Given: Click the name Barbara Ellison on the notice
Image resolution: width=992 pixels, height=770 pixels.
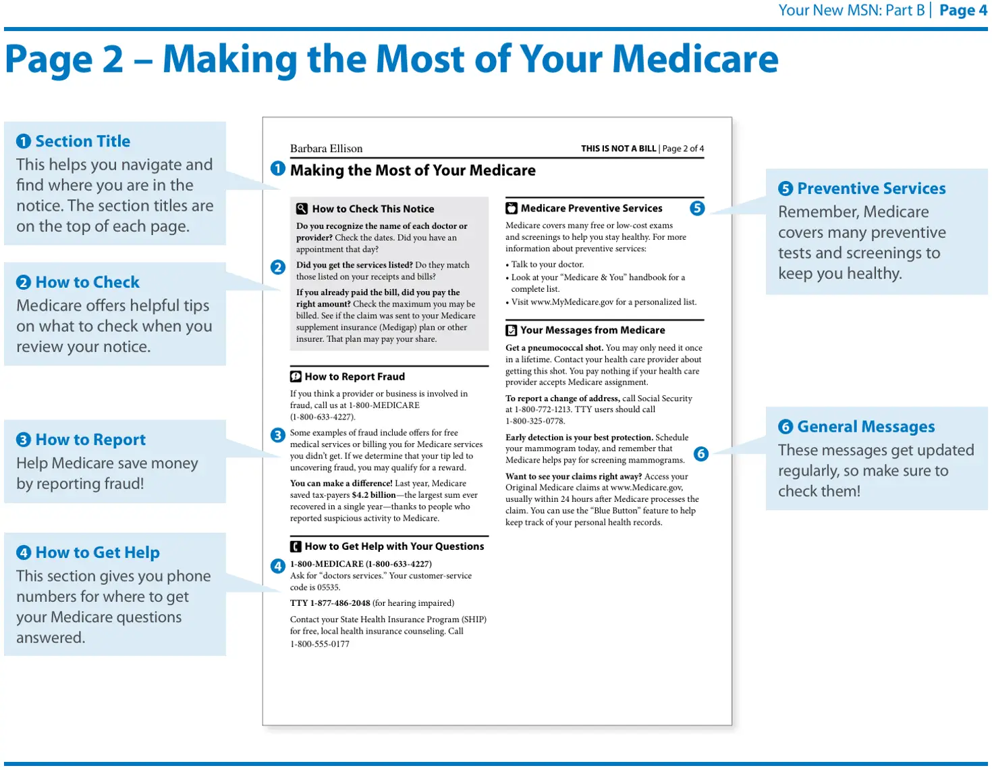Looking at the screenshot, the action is [326, 149].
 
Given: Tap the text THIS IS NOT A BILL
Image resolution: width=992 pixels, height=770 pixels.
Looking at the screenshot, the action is [618, 149].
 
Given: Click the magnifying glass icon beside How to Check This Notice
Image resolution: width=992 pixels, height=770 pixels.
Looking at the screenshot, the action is [302, 209].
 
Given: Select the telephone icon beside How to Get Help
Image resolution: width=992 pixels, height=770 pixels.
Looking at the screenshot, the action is [296, 546].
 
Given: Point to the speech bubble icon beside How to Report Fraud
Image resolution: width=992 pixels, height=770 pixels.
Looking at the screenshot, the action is [296, 376].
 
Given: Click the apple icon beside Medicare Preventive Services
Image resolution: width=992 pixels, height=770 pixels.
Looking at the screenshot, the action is [512, 208].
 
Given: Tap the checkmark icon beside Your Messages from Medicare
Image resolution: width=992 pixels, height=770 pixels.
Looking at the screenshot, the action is [511, 330].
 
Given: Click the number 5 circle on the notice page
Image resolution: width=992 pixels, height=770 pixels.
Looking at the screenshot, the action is [696, 208].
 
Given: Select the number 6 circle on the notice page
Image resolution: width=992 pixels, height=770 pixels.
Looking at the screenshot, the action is [700, 453].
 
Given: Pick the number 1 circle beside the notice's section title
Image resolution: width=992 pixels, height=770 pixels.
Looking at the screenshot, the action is [277, 169].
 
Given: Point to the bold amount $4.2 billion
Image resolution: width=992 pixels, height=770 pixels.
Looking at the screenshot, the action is [373, 495].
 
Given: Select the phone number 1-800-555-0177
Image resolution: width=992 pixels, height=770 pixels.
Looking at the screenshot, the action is [320, 644].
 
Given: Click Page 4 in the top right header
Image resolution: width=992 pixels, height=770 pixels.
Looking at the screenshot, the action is [962, 10].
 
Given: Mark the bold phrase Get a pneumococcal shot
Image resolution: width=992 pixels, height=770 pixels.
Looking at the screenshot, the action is [554, 348].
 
